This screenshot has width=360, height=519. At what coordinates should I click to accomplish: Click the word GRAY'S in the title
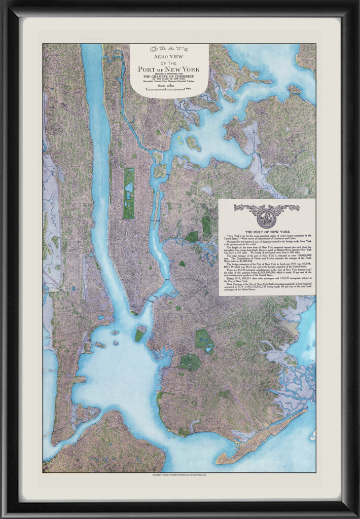pos(169,49)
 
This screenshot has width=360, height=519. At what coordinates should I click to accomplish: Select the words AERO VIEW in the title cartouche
pos(169,57)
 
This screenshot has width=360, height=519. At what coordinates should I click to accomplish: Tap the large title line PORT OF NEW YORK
pos(169,68)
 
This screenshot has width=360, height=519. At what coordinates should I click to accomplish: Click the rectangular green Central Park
pos(129,193)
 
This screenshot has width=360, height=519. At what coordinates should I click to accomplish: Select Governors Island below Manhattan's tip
pos(139,335)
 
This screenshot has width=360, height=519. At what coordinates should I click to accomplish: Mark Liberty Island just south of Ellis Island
pos(100,345)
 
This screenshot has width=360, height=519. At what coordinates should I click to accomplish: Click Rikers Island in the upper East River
pos(193,143)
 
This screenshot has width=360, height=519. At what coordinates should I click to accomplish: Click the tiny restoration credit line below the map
pos(180,476)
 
